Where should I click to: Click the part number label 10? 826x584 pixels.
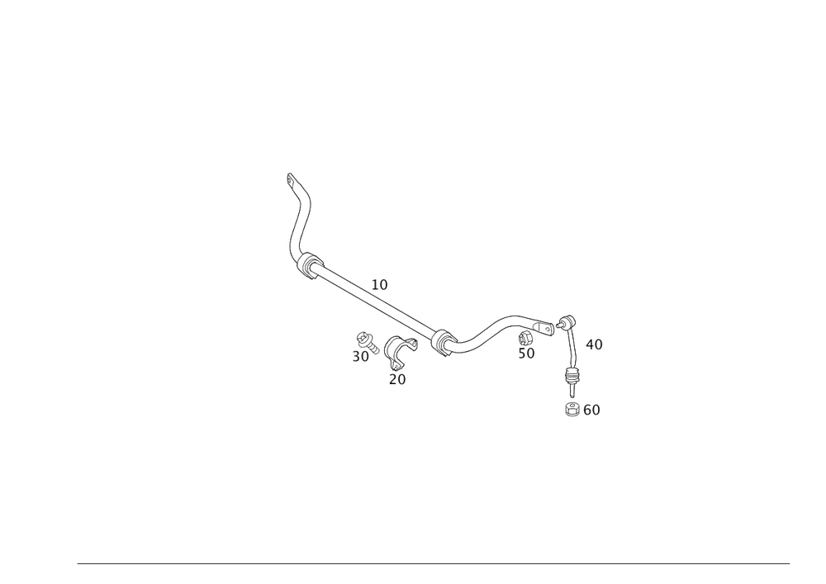[x=380, y=284]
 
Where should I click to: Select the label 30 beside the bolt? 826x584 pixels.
[x=361, y=357]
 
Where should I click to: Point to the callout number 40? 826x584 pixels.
[x=594, y=343]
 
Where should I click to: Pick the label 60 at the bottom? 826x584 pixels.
[x=591, y=410]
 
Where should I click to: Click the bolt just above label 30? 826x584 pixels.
[x=363, y=339]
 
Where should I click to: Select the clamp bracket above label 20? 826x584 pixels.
[x=398, y=352]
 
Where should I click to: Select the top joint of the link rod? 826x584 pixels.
[x=567, y=321]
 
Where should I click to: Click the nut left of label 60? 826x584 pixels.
[x=572, y=409]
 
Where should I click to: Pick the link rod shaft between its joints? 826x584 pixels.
[x=571, y=351]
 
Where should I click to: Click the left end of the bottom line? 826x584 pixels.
[x=77, y=563]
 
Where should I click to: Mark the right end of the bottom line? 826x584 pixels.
[x=790, y=563]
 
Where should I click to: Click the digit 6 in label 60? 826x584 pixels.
[x=586, y=410]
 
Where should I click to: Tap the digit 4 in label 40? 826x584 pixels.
[x=589, y=343]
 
